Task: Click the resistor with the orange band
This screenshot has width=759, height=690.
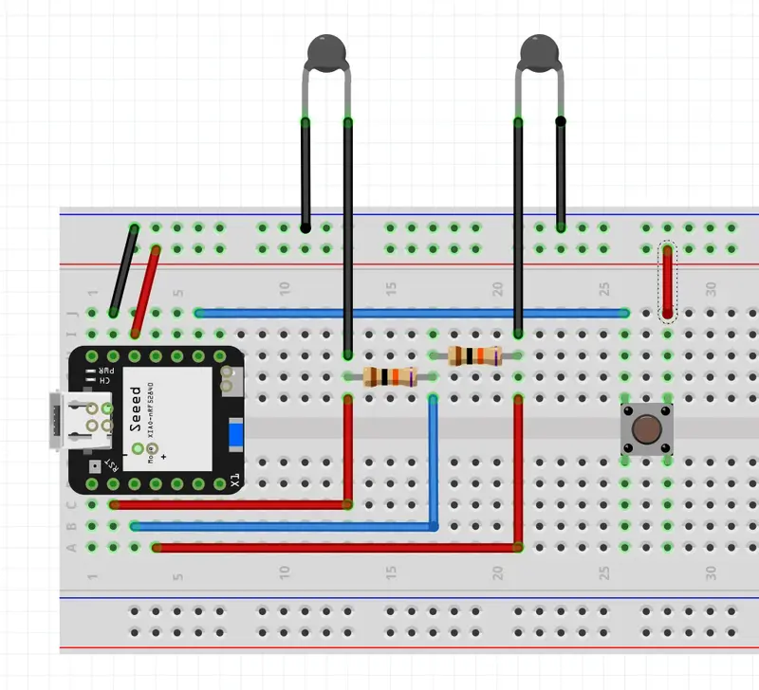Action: pos(390,377)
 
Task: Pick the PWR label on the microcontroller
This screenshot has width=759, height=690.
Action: pos(109,371)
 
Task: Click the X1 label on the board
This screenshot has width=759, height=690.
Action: pos(234,481)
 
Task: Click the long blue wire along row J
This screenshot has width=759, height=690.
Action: pos(408,312)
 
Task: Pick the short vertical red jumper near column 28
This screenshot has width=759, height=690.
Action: pos(668,281)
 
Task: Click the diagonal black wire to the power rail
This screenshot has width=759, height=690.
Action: pos(123,270)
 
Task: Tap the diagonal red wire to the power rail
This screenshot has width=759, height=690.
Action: pos(146,289)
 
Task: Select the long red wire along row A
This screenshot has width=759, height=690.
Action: pos(332,547)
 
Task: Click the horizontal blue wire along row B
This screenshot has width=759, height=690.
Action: pos(285,525)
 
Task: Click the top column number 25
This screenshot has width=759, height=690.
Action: pos(603,286)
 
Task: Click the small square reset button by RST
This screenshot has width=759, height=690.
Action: pos(93,466)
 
